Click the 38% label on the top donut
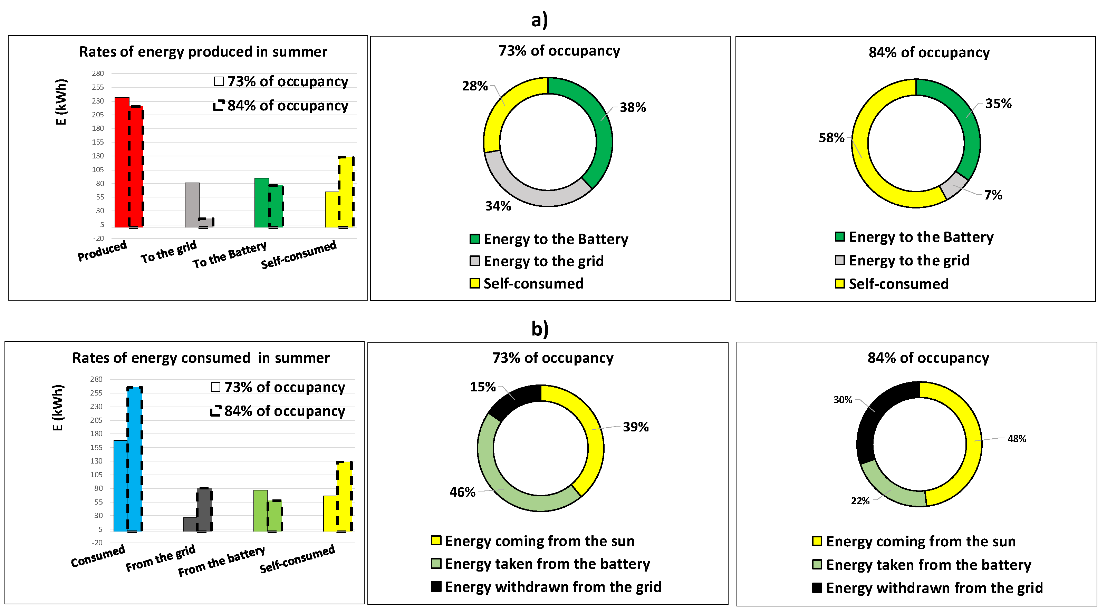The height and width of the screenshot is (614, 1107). pyautogui.click(x=633, y=107)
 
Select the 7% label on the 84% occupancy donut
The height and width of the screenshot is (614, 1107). pyautogui.click(x=993, y=195)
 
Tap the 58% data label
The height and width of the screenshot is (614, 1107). pyautogui.click(x=831, y=138)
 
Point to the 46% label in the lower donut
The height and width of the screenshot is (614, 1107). pyautogui.click(x=462, y=492)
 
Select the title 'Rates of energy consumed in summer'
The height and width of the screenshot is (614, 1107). pyautogui.click(x=201, y=358)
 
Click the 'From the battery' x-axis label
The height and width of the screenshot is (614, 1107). pyautogui.click(x=222, y=561)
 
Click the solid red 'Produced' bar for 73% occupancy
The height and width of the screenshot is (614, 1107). pyautogui.click(x=122, y=163)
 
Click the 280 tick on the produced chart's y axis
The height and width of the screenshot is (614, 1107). pyautogui.click(x=98, y=74)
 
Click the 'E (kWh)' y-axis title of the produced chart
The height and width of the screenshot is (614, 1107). pyautogui.click(x=61, y=102)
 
